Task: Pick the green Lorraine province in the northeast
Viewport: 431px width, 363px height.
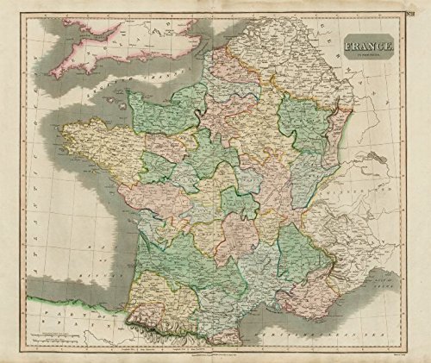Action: point(302,125)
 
